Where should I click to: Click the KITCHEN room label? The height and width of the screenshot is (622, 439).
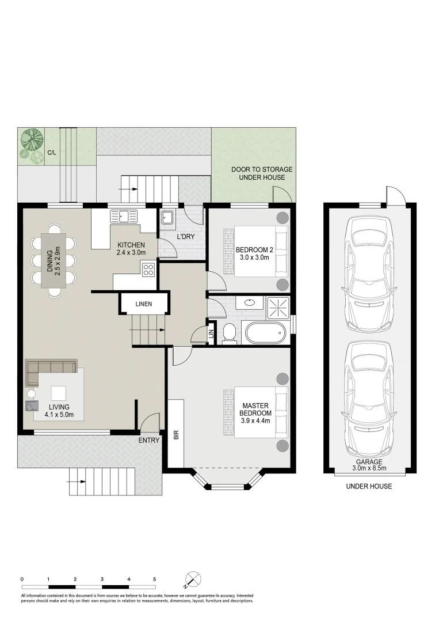coord(131,245)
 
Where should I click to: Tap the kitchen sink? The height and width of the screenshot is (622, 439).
coord(124,216)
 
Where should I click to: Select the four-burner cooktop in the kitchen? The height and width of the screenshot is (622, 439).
coord(148,270)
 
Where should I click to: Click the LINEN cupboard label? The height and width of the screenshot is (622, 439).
coord(143,304)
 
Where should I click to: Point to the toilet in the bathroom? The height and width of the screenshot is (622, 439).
coord(228,332)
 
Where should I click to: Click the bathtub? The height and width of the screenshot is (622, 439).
coord(265,333)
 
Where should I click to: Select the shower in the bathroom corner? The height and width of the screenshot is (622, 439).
coord(278,308)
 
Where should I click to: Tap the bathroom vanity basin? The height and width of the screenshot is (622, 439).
coord(250,303)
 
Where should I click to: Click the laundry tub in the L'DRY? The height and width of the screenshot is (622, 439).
coord(167,217)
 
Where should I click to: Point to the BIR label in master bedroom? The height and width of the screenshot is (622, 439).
coord(176,435)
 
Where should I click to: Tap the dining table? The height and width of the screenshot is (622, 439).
coord(54,260)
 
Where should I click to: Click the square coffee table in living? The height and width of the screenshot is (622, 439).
coord(59,393)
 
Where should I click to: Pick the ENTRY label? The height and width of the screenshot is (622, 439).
coord(149,441)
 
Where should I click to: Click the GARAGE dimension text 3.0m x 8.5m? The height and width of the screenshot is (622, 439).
coord(369,468)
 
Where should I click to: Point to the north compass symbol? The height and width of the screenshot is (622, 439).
coord(193,579)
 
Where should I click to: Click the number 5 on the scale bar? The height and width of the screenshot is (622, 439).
coord(155,579)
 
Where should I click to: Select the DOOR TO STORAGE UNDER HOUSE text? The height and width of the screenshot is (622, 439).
coord(262,173)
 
